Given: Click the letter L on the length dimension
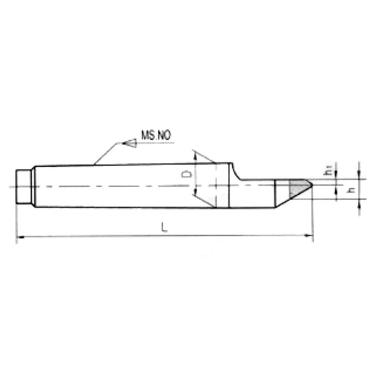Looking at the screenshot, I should [164, 229].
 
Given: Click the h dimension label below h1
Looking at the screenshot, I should [350, 190].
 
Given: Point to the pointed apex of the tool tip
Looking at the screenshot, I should [312, 184].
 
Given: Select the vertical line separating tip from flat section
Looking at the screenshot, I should [276, 194].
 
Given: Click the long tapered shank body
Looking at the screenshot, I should [125, 186].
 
